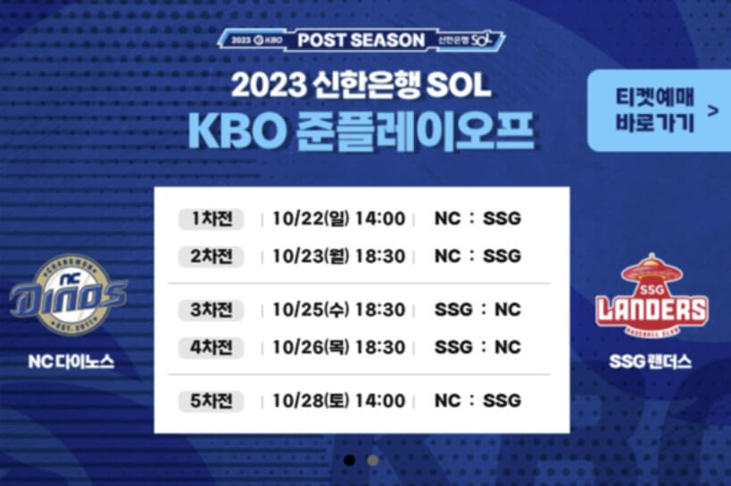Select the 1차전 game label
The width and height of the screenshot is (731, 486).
click(212, 219)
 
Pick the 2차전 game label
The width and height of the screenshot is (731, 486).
click(212, 257)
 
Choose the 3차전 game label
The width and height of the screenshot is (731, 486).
click(212, 310)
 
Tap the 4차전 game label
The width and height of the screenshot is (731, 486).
click(212, 347)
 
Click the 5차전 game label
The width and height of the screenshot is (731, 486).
click(212, 401)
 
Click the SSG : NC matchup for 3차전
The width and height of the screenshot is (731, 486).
click(477, 310)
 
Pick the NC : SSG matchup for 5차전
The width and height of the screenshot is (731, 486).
click(477, 401)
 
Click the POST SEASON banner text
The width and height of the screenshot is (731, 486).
click(361, 40)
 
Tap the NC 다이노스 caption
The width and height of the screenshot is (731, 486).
click(71, 363)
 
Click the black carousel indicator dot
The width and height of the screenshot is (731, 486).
click(350, 460)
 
